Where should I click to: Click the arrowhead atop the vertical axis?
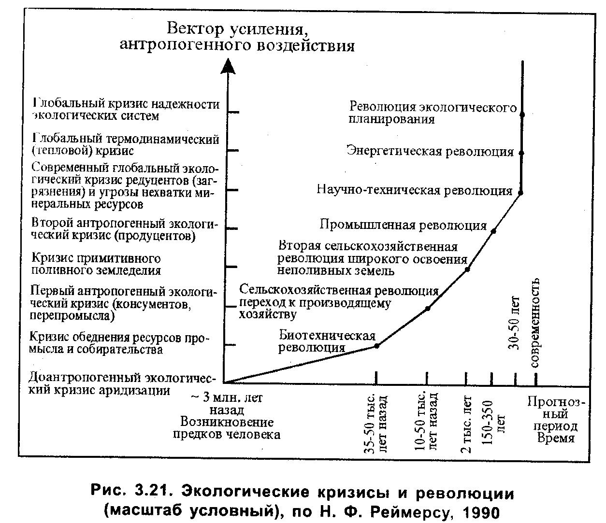(x=228, y=66)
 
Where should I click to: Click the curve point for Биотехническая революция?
(x=377, y=346)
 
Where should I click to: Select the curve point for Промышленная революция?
(x=493, y=231)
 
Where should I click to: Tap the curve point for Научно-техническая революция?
(x=520, y=193)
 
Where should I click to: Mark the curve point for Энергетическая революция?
(x=521, y=153)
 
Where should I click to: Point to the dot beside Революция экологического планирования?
(x=522, y=114)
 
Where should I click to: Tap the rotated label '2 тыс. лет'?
(x=466, y=424)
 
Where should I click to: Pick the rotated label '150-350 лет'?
(x=494, y=423)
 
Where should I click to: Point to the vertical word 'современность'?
(x=535, y=323)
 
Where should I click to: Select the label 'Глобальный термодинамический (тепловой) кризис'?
(x=126, y=145)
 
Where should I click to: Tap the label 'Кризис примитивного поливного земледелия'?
(x=96, y=264)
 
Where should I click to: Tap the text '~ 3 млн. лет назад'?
(x=227, y=404)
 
